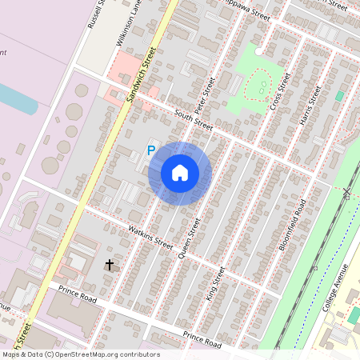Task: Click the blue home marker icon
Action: (x=180, y=173)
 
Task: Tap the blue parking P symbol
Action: (x=150, y=150)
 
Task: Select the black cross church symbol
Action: (x=109, y=263)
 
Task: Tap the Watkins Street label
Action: (x=151, y=237)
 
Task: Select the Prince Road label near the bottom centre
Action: (x=202, y=338)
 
